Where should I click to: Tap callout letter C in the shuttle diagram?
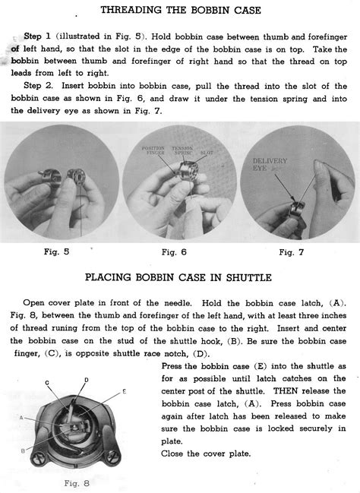(48, 382)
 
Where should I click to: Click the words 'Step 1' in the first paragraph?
(38, 36)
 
